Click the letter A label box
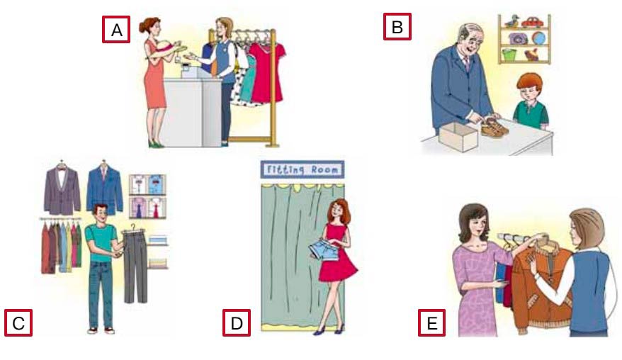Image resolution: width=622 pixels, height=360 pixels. pos(116,29)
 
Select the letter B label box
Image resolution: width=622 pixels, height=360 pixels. pos(397,27)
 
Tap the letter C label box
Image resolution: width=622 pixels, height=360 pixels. pos(18,322)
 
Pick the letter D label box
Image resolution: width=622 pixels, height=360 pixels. pos(237,322)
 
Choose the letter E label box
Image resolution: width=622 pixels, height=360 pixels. pos(431,322)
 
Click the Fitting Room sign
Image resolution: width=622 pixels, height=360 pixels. pos(302,169)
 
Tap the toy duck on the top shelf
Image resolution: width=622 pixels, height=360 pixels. pos(511,21)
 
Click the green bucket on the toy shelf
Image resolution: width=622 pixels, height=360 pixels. pos(509,55)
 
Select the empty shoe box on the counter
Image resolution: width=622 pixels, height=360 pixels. pos(458,136)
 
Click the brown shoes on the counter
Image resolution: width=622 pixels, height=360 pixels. pos(494,127)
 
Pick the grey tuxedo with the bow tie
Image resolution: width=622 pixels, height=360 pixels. pos(62,191)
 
